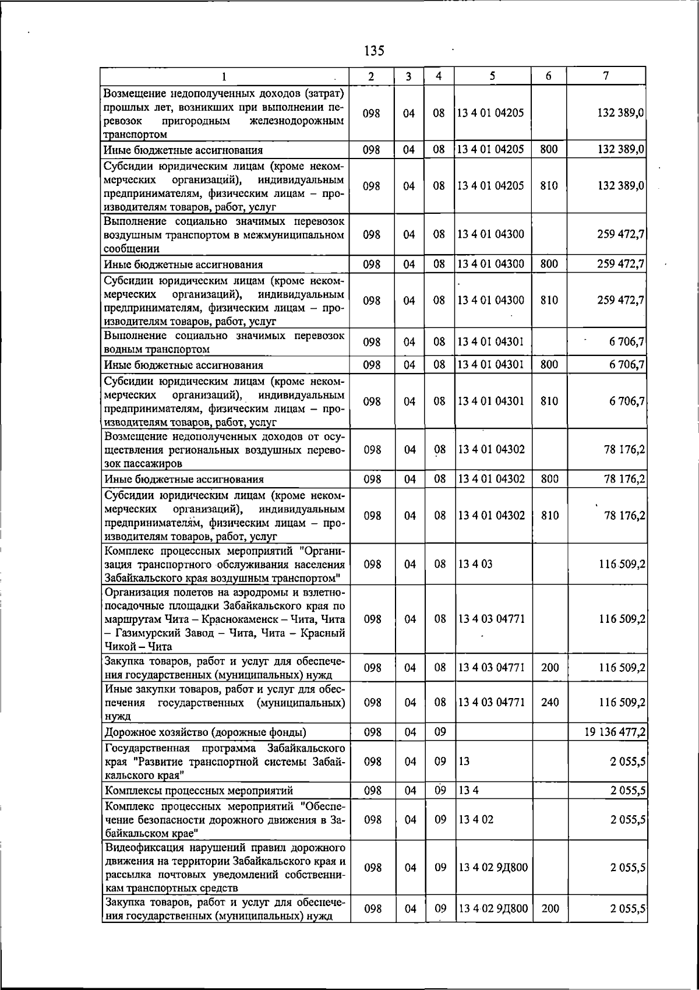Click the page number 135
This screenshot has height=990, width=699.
pyautogui.click(x=373, y=51)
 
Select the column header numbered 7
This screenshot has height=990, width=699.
pyautogui.click(x=606, y=76)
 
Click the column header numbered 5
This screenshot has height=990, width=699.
pyautogui.click(x=492, y=76)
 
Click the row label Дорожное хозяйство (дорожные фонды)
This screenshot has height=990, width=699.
pyautogui.click(x=205, y=732)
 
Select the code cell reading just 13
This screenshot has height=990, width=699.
pyautogui.click(x=463, y=762)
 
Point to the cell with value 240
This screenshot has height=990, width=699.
pyautogui.click(x=549, y=702)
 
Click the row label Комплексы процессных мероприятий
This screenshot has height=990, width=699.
pyautogui.click(x=198, y=791)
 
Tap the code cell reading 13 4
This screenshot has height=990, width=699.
pyautogui.click(x=468, y=791)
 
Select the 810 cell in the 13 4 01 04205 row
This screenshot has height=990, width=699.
pyautogui.click(x=549, y=186)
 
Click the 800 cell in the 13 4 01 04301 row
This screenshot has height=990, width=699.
pyautogui.click(x=549, y=365)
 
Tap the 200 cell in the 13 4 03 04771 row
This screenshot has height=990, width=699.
pyautogui.click(x=549, y=668)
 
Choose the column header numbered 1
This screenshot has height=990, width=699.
pyautogui.click(x=224, y=76)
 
